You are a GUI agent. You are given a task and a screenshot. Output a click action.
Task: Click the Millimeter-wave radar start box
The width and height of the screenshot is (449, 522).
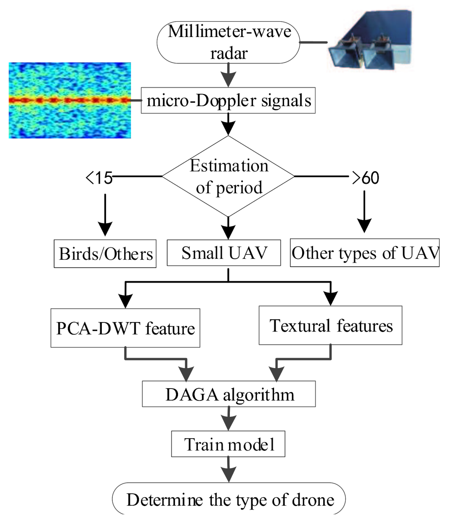click(x=228, y=42)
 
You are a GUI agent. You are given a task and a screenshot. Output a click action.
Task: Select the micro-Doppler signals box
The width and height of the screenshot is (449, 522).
click(x=228, y=101)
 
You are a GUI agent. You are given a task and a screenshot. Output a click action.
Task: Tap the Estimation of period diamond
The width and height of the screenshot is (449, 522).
click(x=228, y=176)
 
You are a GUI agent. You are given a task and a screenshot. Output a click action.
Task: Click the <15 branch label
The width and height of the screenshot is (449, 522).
click(x=99, y=178)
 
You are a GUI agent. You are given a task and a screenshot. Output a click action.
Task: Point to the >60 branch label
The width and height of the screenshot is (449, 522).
click(x=365, y=178)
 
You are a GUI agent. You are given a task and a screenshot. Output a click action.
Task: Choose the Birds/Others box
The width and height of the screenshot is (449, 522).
click(x=105, y=254)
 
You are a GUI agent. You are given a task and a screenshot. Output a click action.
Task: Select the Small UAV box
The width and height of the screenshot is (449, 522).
click(x=224, y=253)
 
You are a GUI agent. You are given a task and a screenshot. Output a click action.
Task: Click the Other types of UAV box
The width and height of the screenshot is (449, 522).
click(x=364, y=253)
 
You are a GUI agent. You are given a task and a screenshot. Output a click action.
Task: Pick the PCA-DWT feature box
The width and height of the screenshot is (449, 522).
click(x=125, y=328)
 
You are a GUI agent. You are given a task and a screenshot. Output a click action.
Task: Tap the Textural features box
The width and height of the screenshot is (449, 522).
click(x=330, y=325)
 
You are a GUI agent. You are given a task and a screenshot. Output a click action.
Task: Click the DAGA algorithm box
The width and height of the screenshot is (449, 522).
click(x=229, y=394)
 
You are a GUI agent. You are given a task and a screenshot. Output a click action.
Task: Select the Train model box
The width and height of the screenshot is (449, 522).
click(x=228, y=444)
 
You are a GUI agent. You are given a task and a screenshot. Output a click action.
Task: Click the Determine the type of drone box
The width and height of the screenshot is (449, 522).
click(x=229, y=499)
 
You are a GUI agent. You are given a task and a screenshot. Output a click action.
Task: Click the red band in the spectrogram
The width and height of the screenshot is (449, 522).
click(x=70, y=101)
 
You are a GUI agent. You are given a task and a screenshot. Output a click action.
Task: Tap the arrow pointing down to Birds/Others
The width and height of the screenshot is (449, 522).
click(x=105, y=215)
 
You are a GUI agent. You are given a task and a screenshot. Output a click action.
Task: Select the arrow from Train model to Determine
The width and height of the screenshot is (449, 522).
click(x=228, y=469)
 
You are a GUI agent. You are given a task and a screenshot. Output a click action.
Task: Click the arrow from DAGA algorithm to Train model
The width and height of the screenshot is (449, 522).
click(x=229, y=418)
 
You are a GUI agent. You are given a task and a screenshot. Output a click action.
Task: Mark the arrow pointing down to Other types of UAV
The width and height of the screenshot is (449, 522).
click(x=364, y=212)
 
